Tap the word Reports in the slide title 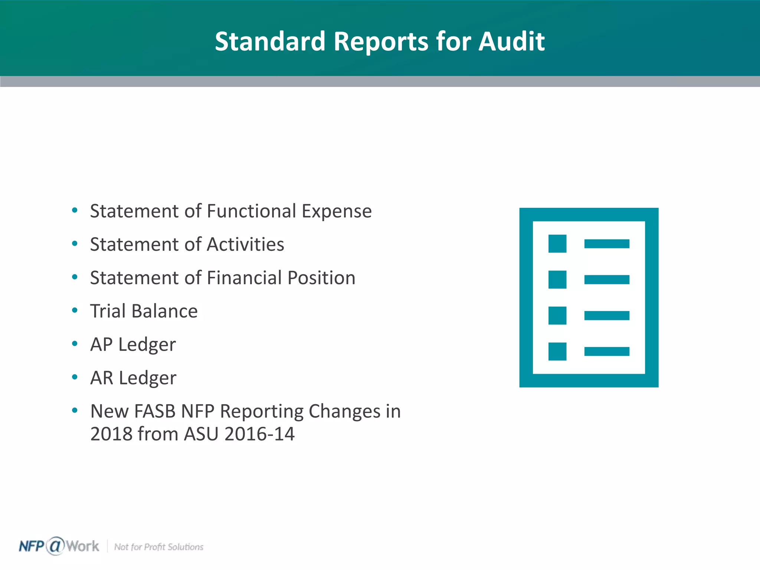tap(381, 42)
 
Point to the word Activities tap(245, 245)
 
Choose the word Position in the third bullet tap(321, 278)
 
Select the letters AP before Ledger tap(101, 344)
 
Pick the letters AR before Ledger tap(102, 378)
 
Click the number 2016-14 tap(259, 434)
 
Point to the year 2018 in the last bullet tap(111, 434)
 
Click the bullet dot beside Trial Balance tap(75, 310)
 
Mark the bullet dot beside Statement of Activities tap(75, 244)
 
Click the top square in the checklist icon tap(557, 243)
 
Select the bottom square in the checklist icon tap(557, 351)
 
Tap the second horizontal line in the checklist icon tap(607, 279)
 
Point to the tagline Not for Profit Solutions tap(158, 547)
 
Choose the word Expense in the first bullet tap(336, 211)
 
